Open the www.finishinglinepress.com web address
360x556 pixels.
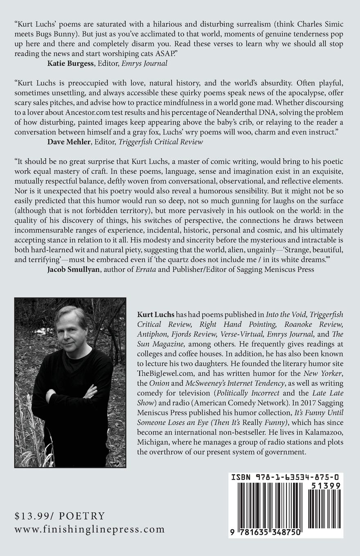tap(89, 529)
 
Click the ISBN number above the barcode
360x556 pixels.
tap(287, 477)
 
